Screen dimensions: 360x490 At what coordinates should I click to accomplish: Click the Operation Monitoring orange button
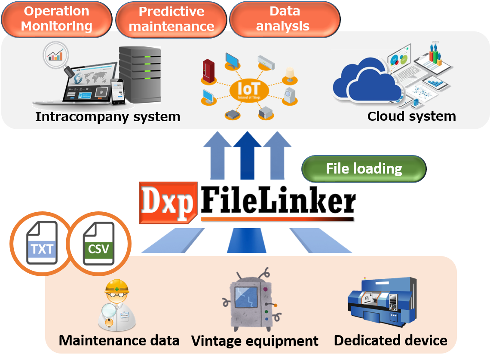(56, 19)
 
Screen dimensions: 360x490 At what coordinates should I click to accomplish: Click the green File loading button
(364, 169)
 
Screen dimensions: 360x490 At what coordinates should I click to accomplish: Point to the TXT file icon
(42, 243)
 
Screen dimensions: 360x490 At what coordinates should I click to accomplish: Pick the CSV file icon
(98, 243)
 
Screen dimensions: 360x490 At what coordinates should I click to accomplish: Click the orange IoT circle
(248, 90)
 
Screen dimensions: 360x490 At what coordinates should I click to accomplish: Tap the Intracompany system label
(107, 116)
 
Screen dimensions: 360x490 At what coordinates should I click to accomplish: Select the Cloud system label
(411, 116)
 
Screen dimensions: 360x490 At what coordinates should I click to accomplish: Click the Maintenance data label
(119, 341)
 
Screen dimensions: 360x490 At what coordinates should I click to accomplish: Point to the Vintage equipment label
(255, 341)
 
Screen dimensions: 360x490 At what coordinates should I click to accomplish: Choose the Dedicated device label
(390, 341)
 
